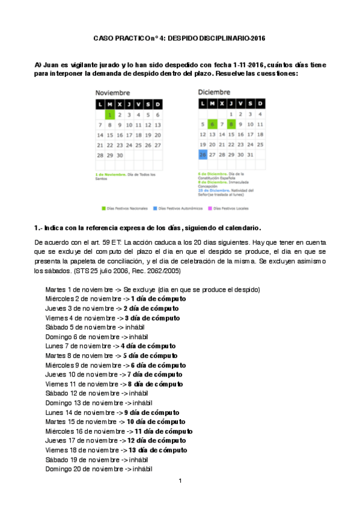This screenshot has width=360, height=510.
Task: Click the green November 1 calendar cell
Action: tap(110, 114)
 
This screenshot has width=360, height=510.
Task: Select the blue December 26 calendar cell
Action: tap(203, 155)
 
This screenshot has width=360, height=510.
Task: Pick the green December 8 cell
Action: tap(231, 124)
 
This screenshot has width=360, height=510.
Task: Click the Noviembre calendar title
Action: tap(112, 93)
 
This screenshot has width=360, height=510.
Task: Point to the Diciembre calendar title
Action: tap(214, 92)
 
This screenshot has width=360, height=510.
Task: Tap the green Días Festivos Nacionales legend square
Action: tap(103, 209)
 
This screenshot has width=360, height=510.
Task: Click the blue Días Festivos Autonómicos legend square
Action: tap(154, 209)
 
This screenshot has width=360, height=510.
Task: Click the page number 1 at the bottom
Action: tap(180, 481)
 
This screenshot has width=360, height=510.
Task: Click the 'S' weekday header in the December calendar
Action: tap(251, 104)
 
